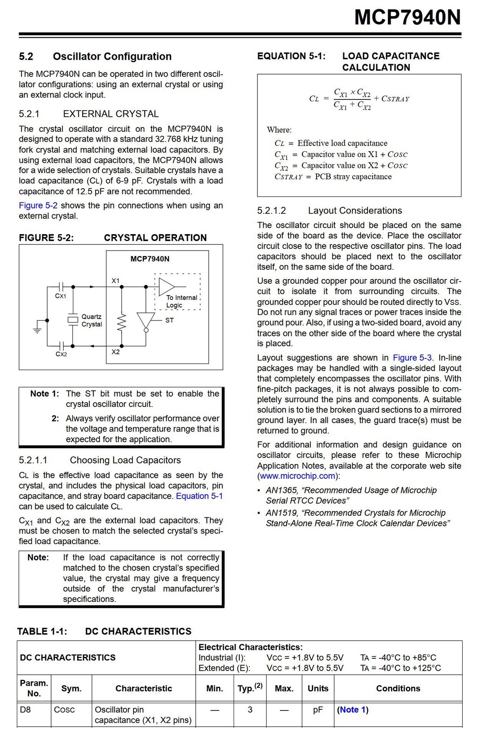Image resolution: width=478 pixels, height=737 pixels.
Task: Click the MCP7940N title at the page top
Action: coord(407,18)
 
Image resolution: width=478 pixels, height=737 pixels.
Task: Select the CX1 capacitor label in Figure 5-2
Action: coord(61,296)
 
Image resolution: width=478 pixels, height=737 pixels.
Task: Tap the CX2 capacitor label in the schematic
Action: coord(61,354)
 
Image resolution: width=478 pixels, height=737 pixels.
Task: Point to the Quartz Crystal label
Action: coord(92,321)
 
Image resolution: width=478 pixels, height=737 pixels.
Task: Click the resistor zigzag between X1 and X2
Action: coord(122,322)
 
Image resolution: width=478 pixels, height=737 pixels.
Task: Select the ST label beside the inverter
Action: coord(170,320)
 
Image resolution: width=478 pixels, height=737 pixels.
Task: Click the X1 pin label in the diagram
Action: coord(115,281)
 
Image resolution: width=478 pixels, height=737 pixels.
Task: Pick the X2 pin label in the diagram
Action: coord(115,352)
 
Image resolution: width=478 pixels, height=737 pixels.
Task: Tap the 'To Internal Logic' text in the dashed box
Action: coord(181,301)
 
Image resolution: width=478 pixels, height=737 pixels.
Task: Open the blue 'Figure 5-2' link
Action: coord(38,206)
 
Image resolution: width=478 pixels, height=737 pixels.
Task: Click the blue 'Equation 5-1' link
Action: coord(199,496)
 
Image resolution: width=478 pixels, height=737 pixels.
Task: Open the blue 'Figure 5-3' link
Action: coord(412,358)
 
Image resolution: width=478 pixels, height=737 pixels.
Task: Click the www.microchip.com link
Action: coord(298,476)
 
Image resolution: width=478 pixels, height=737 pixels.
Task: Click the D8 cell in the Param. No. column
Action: coord(25,710)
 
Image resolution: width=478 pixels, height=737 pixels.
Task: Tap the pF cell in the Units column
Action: coord(318,710)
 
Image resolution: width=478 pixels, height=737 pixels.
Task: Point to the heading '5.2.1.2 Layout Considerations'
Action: coord(330,211)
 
